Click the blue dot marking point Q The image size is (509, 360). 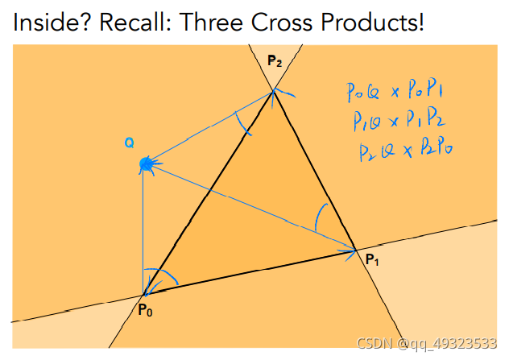click(146, 164)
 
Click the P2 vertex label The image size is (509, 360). click(275, 60)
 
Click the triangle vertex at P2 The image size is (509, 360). click(274, 90)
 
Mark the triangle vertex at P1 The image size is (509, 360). click(355, 250)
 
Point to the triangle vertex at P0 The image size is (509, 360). click(144, 295)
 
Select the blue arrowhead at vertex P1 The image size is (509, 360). click(350, 250)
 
